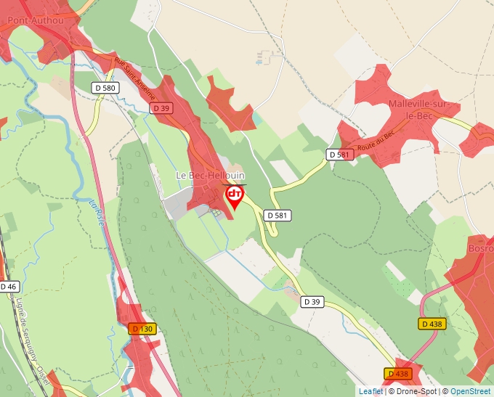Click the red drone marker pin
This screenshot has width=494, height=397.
coord(235,196)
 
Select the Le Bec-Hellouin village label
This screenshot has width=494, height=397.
coord(211,176)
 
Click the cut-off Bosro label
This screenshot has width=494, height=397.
coord(482,248)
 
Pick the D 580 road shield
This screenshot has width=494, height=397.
coord(105,88)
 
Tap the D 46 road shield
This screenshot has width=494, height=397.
coord(8,287)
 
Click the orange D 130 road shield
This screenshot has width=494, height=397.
coord(142,329)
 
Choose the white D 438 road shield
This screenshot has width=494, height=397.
coord(432,324)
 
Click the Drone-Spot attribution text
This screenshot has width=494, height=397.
coord(414,391)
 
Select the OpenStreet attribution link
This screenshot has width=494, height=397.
coord(470,391)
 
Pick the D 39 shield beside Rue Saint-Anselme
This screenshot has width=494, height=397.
coord(161,107)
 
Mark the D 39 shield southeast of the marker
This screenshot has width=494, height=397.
coord(312,301)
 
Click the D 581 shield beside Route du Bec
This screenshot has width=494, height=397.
coord(339,155)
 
